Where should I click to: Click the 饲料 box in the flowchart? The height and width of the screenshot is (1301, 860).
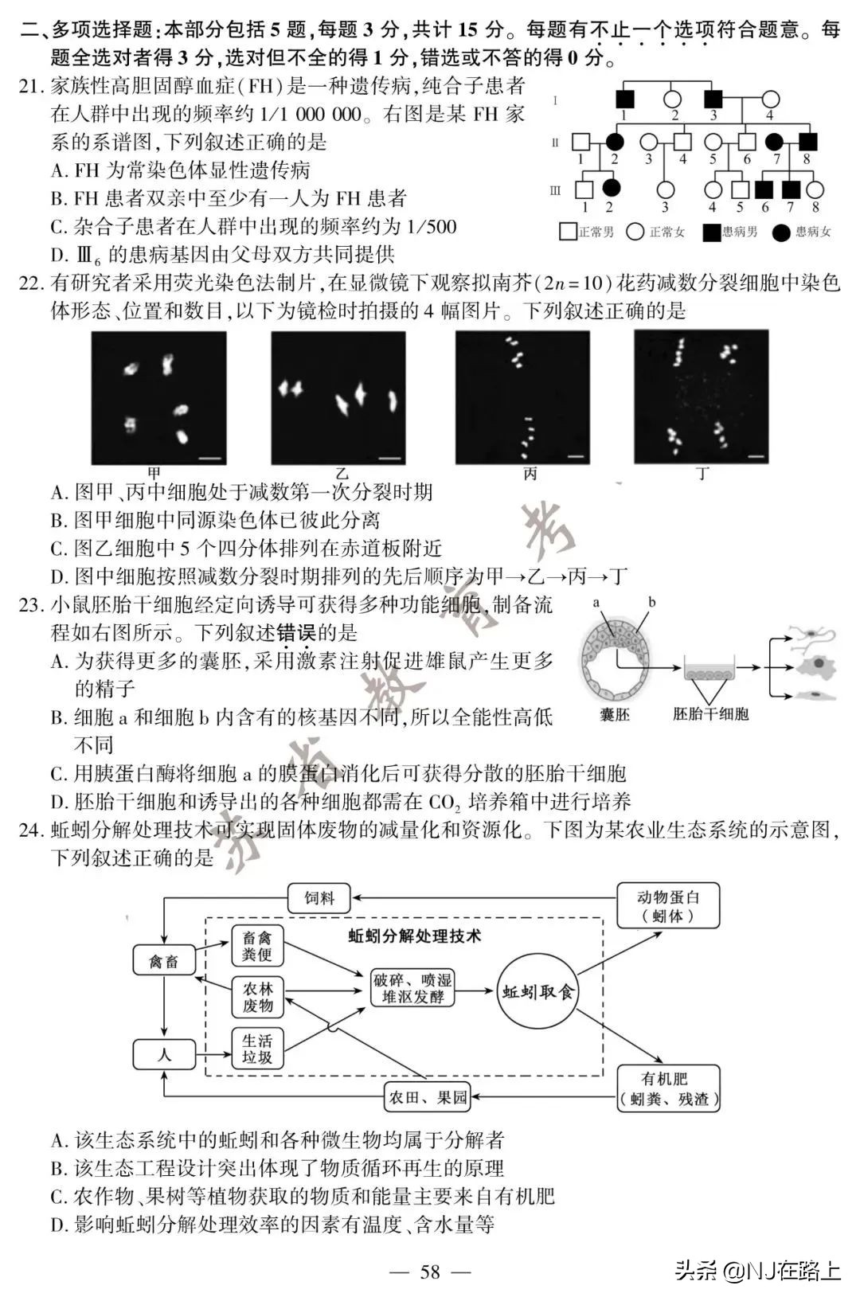(319, 898)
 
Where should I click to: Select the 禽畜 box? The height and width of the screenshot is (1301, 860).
(163, 962)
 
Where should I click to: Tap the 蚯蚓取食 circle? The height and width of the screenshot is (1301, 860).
(537, 992)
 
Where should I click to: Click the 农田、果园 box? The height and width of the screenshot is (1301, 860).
(427, 1098)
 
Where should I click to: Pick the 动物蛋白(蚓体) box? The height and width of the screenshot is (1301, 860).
(668, 906)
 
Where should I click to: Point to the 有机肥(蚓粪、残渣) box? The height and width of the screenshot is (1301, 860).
(668, 1089)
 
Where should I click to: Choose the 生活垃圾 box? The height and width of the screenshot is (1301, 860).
(257, 1049)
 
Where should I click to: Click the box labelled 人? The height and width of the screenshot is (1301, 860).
(163, 1055)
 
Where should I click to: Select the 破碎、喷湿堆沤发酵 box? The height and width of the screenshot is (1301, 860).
(412, 988)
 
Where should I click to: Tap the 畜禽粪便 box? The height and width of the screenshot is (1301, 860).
(257, 945)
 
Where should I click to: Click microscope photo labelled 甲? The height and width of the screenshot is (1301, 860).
(158, 397)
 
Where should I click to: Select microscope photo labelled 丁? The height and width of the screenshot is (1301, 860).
(701, 397)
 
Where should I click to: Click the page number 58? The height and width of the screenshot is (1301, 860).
(429, 1272)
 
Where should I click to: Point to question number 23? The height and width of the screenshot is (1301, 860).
(30, 605)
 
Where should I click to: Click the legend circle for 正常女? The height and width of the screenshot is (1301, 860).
(635, 232)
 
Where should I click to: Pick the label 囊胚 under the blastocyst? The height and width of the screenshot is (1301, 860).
(614, 715)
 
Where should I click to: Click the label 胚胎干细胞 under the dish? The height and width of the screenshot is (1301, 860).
(710, 714)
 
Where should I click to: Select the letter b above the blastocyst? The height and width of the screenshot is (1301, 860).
(651, 603)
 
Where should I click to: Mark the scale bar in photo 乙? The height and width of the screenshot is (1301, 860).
(389, 457)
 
